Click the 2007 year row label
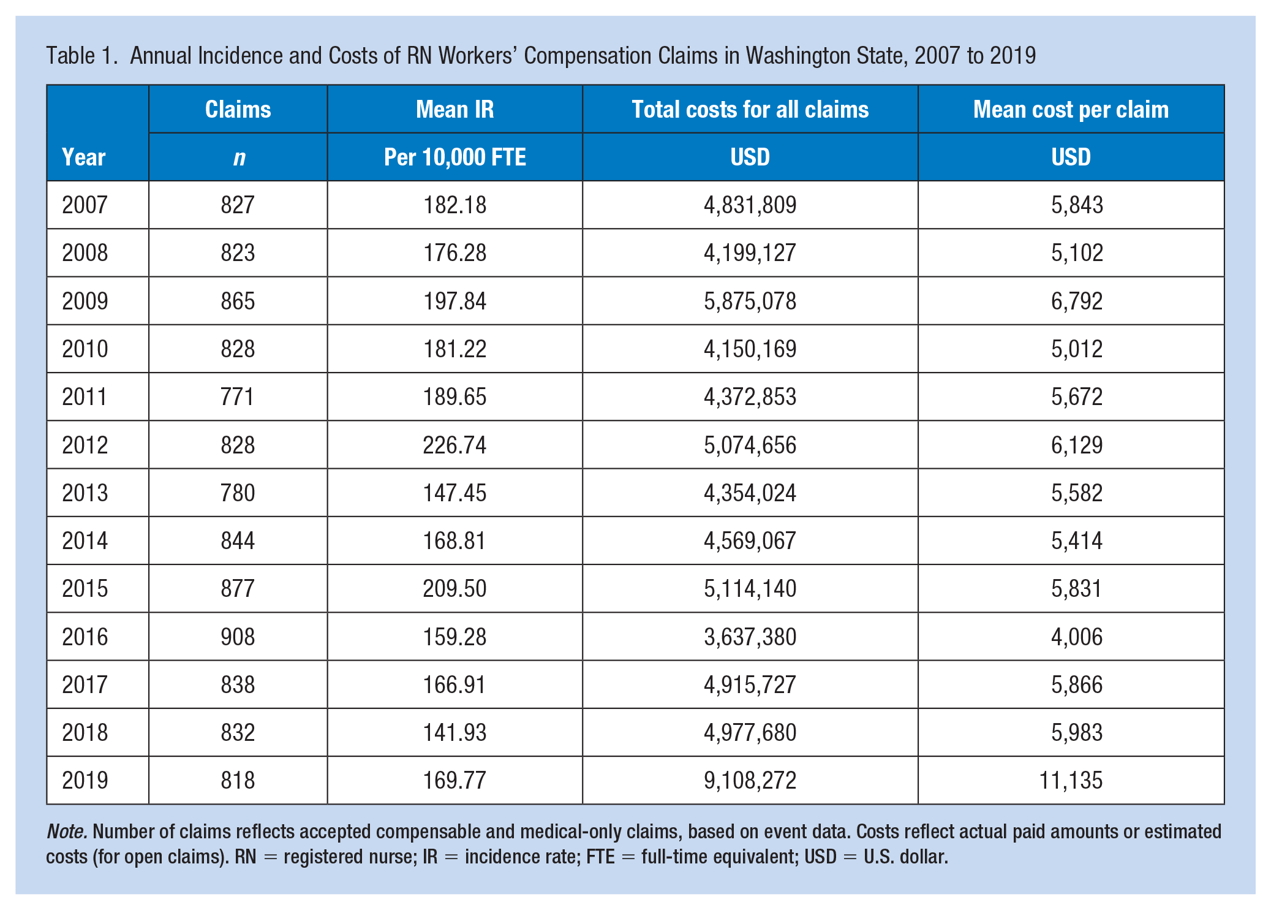(85, 205)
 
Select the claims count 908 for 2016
(238, 637)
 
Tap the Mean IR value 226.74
(454, 445)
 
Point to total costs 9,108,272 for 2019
(750, 781)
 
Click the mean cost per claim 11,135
(1071, 781)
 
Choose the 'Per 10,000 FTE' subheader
(454, 157)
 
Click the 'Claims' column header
(238, 110)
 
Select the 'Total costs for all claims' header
(750, 110)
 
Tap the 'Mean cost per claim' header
(1071, 110)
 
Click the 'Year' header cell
(84, 157)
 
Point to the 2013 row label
(85, 493)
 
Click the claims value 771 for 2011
(238, 397)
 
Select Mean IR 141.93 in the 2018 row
(454, 733)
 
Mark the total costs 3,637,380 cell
(750, 637)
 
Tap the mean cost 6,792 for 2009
(1077, 301)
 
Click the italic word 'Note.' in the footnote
(67, 832)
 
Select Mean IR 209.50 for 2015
(454, 589)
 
